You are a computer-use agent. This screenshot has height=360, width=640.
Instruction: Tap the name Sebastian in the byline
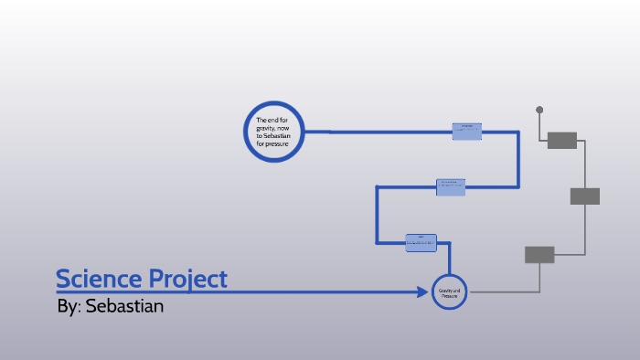coord(124,306)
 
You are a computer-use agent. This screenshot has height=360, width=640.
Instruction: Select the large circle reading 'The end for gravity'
coord(273,132)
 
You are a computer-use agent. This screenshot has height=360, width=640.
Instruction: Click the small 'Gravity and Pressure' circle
coord(449,292)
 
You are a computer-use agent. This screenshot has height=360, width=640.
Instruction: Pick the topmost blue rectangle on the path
coord(467,131)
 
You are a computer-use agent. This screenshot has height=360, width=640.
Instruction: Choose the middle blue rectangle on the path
coord(451,186)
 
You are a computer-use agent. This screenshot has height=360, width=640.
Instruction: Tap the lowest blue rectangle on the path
coord(421,242)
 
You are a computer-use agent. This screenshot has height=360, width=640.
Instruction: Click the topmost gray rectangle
coord(561,140)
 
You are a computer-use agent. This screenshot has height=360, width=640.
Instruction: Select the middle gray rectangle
coord(584,196)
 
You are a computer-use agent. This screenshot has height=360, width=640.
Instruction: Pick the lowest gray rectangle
coord(539,254)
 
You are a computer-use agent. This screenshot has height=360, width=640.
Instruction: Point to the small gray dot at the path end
coord(539,110)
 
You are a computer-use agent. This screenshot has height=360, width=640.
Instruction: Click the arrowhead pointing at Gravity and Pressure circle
coord(424,292)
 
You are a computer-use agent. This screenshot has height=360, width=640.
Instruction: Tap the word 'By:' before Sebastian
coord(69,306)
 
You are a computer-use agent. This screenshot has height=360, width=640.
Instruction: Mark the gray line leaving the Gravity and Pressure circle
coord(503,292)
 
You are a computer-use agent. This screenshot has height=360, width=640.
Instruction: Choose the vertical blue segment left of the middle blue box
coord(376,215)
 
